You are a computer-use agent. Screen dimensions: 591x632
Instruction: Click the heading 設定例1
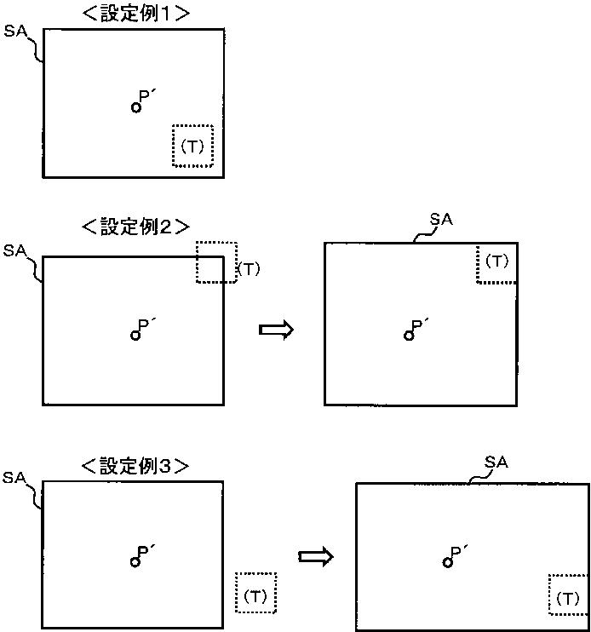[135, 14]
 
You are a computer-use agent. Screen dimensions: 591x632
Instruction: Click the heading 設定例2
[135, 226]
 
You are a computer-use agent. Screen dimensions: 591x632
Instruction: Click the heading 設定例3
[135, 466]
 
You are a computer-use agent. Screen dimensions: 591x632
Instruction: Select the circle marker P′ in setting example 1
[136, 107]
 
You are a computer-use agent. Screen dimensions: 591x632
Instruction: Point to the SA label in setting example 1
[15, 31]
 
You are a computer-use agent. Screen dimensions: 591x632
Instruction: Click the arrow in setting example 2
[276, 330]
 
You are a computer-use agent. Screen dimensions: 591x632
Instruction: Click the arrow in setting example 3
[315, 557]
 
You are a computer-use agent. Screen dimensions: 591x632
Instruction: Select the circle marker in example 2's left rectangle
[135, 335]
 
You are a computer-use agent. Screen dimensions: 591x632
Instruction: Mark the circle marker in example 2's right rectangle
[409, 336]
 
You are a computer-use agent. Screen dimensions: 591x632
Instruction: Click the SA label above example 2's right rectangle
[441, 219]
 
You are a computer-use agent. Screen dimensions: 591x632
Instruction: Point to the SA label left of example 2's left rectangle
[14, 250]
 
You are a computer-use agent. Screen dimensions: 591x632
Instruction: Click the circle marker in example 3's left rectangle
[135, 561]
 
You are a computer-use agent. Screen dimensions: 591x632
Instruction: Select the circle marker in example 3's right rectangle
[448, 562]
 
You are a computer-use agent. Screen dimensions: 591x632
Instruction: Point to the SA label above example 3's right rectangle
[496, 462]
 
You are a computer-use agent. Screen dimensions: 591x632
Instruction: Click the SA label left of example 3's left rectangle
[14, 478]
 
